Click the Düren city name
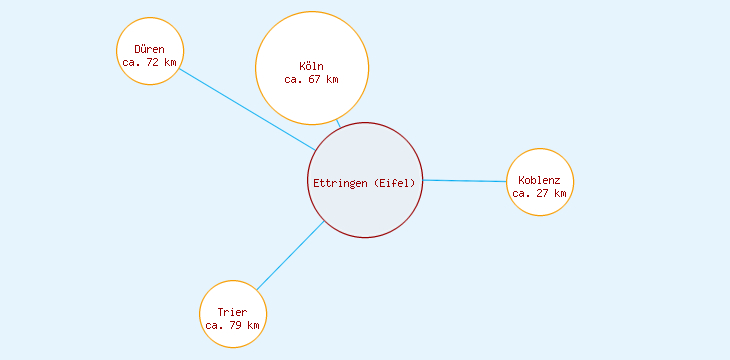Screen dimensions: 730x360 [x=149, y=49]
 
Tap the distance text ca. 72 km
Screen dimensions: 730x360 [x=149, y=62]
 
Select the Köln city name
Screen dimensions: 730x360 [x=311, y=66]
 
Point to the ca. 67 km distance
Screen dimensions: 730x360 [x=311, y=79]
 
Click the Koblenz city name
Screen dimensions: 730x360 [x=539, y=180]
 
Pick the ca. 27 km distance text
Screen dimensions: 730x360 [x=539, y=193]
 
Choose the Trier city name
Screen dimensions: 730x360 [x=232, y=313]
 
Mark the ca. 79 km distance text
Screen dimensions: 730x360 [x=232, y=326]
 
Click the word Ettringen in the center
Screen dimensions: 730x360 [x=340, y=183]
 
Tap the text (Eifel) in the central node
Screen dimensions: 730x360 [x=395, y=183]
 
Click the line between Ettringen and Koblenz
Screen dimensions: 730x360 [x=465, y=181]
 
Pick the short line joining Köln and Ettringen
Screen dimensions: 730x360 [x=338, y=123]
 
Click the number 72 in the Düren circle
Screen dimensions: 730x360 [x=153, y=62]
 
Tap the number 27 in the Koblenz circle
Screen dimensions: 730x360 [x=543, y=193]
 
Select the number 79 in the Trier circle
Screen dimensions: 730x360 [x=236, y=326]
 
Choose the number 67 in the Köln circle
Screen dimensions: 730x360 [x=315, y=79]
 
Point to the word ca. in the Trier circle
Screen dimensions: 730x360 [x=214, y=326]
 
